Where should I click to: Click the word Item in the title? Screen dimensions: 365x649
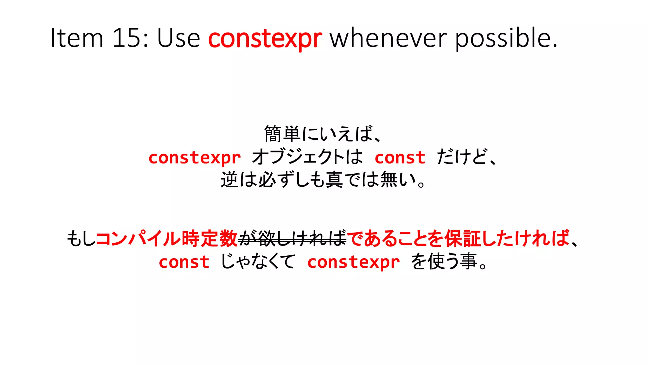point(77,38)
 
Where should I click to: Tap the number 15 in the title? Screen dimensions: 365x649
point(126,38)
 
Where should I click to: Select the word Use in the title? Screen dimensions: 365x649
point(178,38)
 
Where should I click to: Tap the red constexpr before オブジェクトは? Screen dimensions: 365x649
point(195,157)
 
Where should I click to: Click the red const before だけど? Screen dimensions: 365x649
point(400,157)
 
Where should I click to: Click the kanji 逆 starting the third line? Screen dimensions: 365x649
point(229,180)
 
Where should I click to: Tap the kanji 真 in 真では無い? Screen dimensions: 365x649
point(334,180)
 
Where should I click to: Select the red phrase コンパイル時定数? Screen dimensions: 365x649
point(167,239)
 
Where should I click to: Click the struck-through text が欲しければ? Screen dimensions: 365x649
point(292,239)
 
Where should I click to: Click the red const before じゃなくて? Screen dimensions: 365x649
point(184,262)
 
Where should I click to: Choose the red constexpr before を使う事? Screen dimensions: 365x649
point(353,262)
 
